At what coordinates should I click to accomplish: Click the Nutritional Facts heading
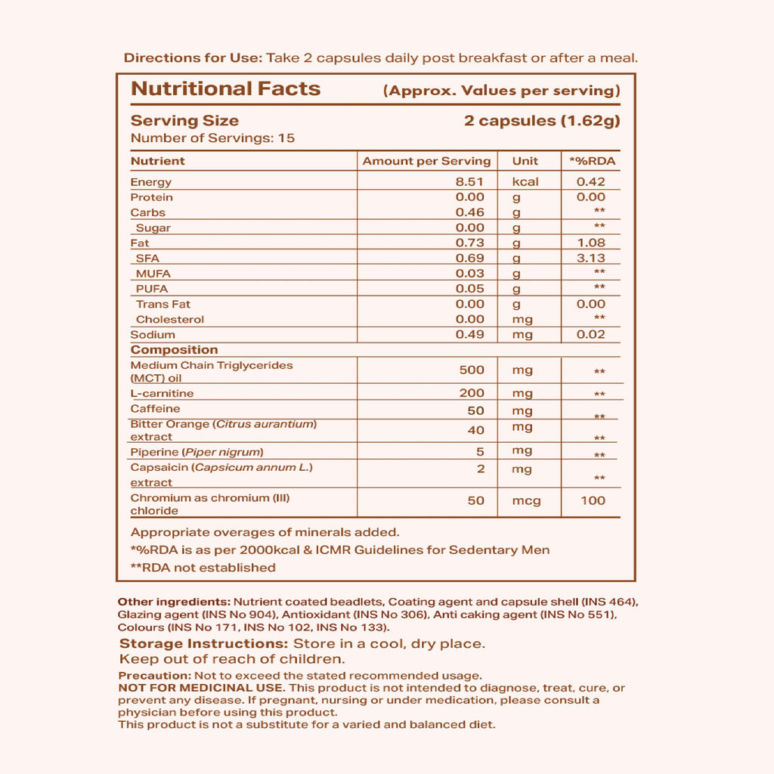pos(225,88)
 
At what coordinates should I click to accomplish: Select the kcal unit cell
pos(525,182)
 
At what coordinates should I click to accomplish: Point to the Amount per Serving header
pos(426,161)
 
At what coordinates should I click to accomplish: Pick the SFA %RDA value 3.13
pos(590,259)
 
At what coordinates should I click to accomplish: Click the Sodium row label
pos(153,335)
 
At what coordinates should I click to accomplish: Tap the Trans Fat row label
pos(163,304)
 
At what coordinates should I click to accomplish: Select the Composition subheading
pos(174,350)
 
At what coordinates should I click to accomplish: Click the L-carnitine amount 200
pos(472,394)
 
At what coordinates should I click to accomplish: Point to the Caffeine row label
pos(155,409)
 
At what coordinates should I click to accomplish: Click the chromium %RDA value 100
pos(593,500)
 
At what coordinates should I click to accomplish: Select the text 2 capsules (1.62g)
pos(541,121)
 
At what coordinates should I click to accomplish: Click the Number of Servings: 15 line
pos(212,138)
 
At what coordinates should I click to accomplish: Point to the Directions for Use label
pos(193,58)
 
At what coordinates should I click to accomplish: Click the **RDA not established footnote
pos(203,568)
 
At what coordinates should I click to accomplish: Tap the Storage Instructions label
pos(203,644)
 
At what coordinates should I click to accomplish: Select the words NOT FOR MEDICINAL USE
pos(201,688)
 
